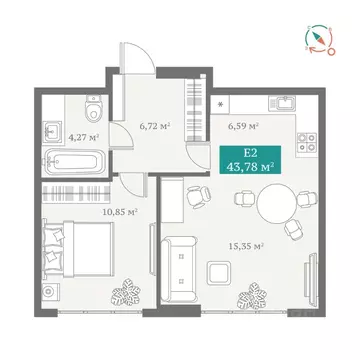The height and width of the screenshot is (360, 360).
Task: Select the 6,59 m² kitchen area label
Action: pos(244,128)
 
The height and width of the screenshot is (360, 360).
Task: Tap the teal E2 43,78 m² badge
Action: pos(253,161)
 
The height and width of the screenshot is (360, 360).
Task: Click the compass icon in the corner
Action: pos(318,38)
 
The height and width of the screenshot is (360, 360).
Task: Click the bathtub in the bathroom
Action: pos(74,161)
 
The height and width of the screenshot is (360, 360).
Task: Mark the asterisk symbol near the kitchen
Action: pos(219,103)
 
